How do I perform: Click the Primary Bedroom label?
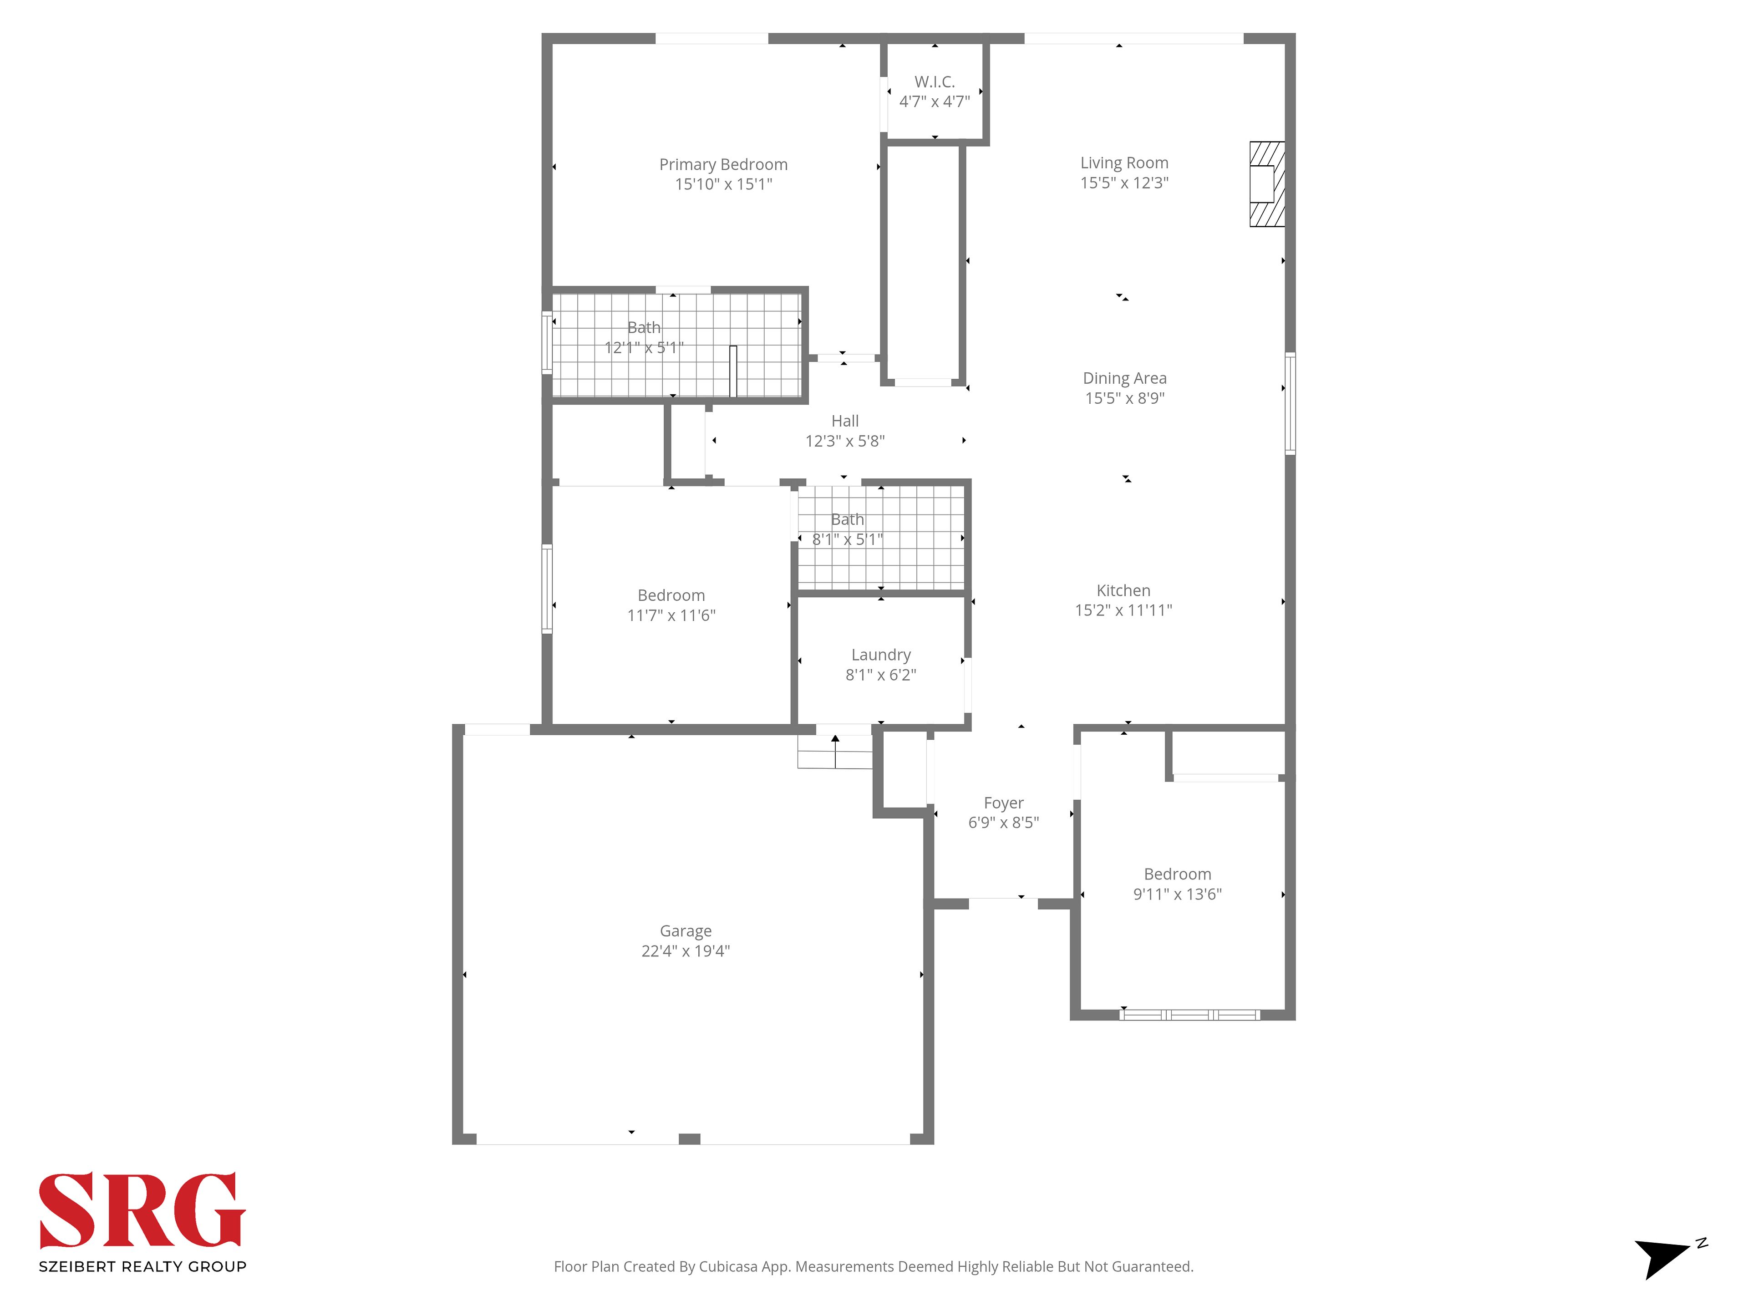pyautogui.click(x=723, y=164)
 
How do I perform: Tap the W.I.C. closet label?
pyautogui.click(x=935, y=81)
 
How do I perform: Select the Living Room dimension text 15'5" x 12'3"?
pyautogui.click(x=1124, y=183)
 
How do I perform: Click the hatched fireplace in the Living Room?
pyautogui.click(x=1267, y=184)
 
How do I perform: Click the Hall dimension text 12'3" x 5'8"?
pyautogui.click(x=845, y=441)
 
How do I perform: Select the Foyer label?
pyautogui.click(x=1004, y=803)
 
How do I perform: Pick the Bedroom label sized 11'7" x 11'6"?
pyautogui.click(x=671, y=595)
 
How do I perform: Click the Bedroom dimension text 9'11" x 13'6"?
pyautogui.click(x=1178, y=894)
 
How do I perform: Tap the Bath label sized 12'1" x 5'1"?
pyautogui.click(x=644, y=327)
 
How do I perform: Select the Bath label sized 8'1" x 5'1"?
pyautogui.click(x=847, y=519)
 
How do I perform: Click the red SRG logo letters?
pyautogui.click(x=142, y=1210)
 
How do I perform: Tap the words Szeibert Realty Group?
pyautogui.click(x=142, y=1267)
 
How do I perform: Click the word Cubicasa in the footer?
pyautogui.click(x=728, y=1267)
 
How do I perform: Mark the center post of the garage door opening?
pyautogui.click(x=689, y=1139)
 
